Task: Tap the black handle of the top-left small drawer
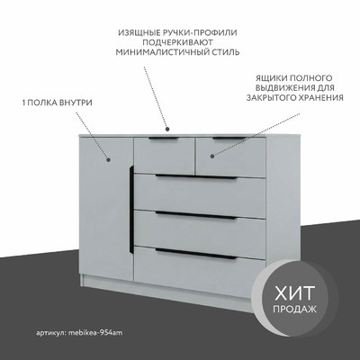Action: click(x=164, y=139)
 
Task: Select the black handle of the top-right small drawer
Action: click(x=229, y=138)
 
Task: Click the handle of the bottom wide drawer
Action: click(x=196, y=254)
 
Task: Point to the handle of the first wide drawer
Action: click(x=196, y=177)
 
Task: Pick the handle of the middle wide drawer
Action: click(x=196, y=215)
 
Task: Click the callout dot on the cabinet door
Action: click(x=109, y=160)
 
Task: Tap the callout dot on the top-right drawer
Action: click(x=212, y=156)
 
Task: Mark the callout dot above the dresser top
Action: click(x=167, y=129)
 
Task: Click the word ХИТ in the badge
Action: click(x=295, y=293)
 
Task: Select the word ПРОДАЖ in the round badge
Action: click(x=294, y=309)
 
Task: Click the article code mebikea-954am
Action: click(x=95, y=333)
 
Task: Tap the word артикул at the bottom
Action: click(x=51, y=333)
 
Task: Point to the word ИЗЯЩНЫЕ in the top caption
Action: click(x=135, y=32)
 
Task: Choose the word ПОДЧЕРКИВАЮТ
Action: click(x=177, y=42)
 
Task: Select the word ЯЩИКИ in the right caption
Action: click(x=270, y=78)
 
